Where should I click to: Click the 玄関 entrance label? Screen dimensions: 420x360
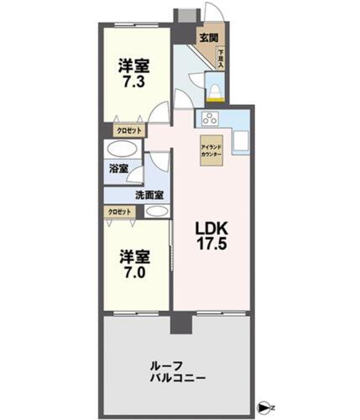point(209,37)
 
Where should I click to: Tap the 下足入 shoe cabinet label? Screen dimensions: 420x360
point(221,58)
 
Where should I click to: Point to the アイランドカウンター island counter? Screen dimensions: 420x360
point(211,150)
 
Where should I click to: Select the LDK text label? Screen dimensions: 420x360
point(211,228)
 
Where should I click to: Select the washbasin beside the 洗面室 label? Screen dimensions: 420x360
point(154,210)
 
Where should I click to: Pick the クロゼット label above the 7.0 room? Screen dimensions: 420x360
point(118,212)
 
